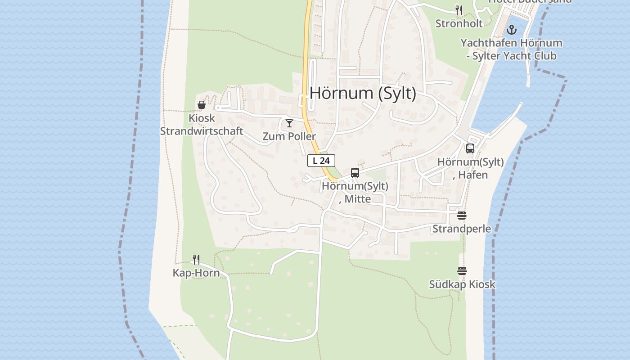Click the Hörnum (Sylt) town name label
pos(363,93)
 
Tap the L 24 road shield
pos(321,161)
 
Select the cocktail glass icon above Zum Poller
pos(289,123)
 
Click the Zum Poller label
pos(289,136)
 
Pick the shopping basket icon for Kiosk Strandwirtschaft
pos(202,105)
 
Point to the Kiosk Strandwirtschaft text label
pos(202,125)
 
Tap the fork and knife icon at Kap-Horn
pos(196,259)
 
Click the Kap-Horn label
pos(196,273)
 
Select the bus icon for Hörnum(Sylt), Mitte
pos(355,173)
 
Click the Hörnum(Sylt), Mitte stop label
pos(355,192)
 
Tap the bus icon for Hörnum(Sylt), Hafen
pos(470,148)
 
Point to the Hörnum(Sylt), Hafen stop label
pos(470,168)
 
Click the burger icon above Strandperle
pos(462,216)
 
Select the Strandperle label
pos(462,229)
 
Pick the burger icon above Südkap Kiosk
pos(462,271)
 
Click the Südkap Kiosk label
pos(462,284)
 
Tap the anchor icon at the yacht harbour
pos(511,30)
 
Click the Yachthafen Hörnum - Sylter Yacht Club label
pos(511,49)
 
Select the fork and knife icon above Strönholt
pos(459,10)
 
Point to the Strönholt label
pos(459,23)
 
